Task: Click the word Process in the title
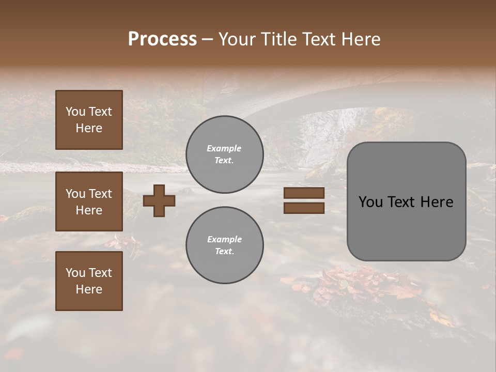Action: coord(162,39)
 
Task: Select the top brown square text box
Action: coord(89,120)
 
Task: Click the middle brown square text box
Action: coord(89,202)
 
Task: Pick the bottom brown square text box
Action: coord(89,281)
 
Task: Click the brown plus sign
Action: coord(159,200)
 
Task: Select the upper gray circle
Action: coord(224,154)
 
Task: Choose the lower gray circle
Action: coord(224,245)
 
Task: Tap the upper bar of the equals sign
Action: coord(304,193)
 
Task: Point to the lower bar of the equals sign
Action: coord(304,208)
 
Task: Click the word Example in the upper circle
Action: coord(224,148)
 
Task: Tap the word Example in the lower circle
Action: coord(224,239)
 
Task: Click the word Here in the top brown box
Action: coord(89,128)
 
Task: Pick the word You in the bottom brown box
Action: coord(75,272)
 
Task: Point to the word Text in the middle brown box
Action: coord(100,194)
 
